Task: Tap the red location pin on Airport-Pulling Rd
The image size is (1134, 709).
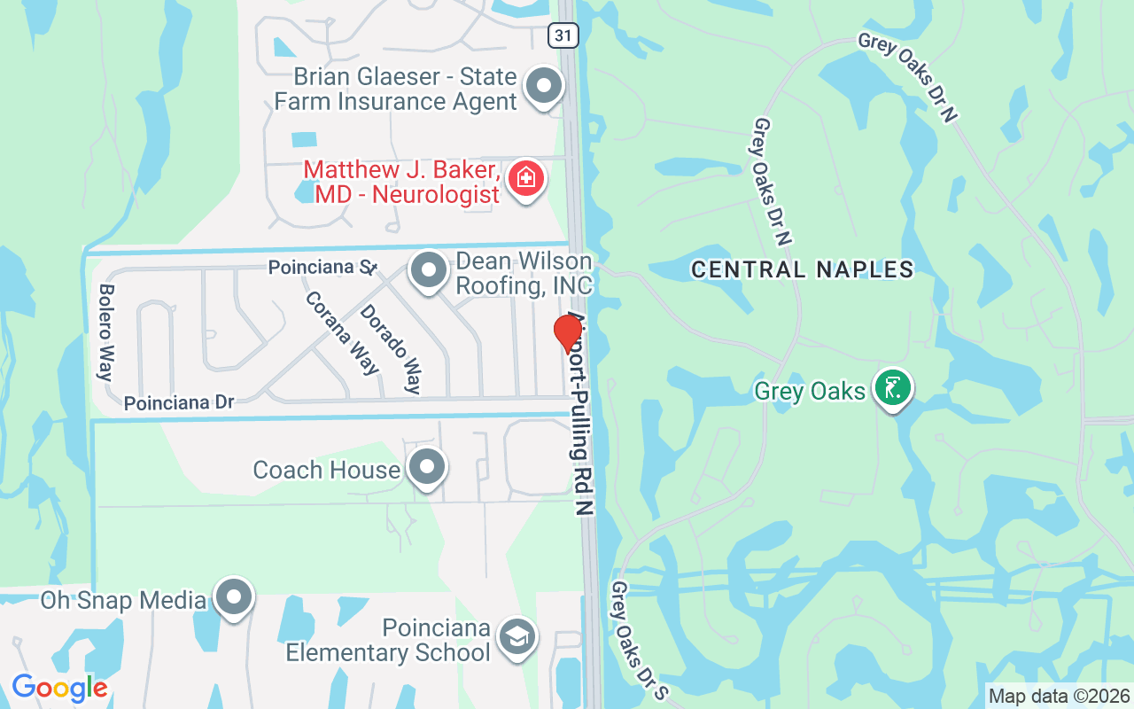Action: point(568,334)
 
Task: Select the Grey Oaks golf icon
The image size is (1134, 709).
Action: point(892,389)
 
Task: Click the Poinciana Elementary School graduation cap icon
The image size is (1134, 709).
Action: point(517,637)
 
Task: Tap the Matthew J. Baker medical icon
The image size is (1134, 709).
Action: point(525,178)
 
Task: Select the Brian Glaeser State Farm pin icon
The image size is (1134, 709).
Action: point(544,87)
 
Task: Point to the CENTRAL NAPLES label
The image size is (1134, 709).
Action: point(802,269)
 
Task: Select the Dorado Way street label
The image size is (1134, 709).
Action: point(390,349)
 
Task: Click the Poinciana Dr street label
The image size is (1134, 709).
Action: point(179,403)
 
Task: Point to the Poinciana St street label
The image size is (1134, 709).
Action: point(323,267)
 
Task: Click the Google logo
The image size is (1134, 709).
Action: point(59,688)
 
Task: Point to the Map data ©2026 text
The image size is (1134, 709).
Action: point(1060,697)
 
